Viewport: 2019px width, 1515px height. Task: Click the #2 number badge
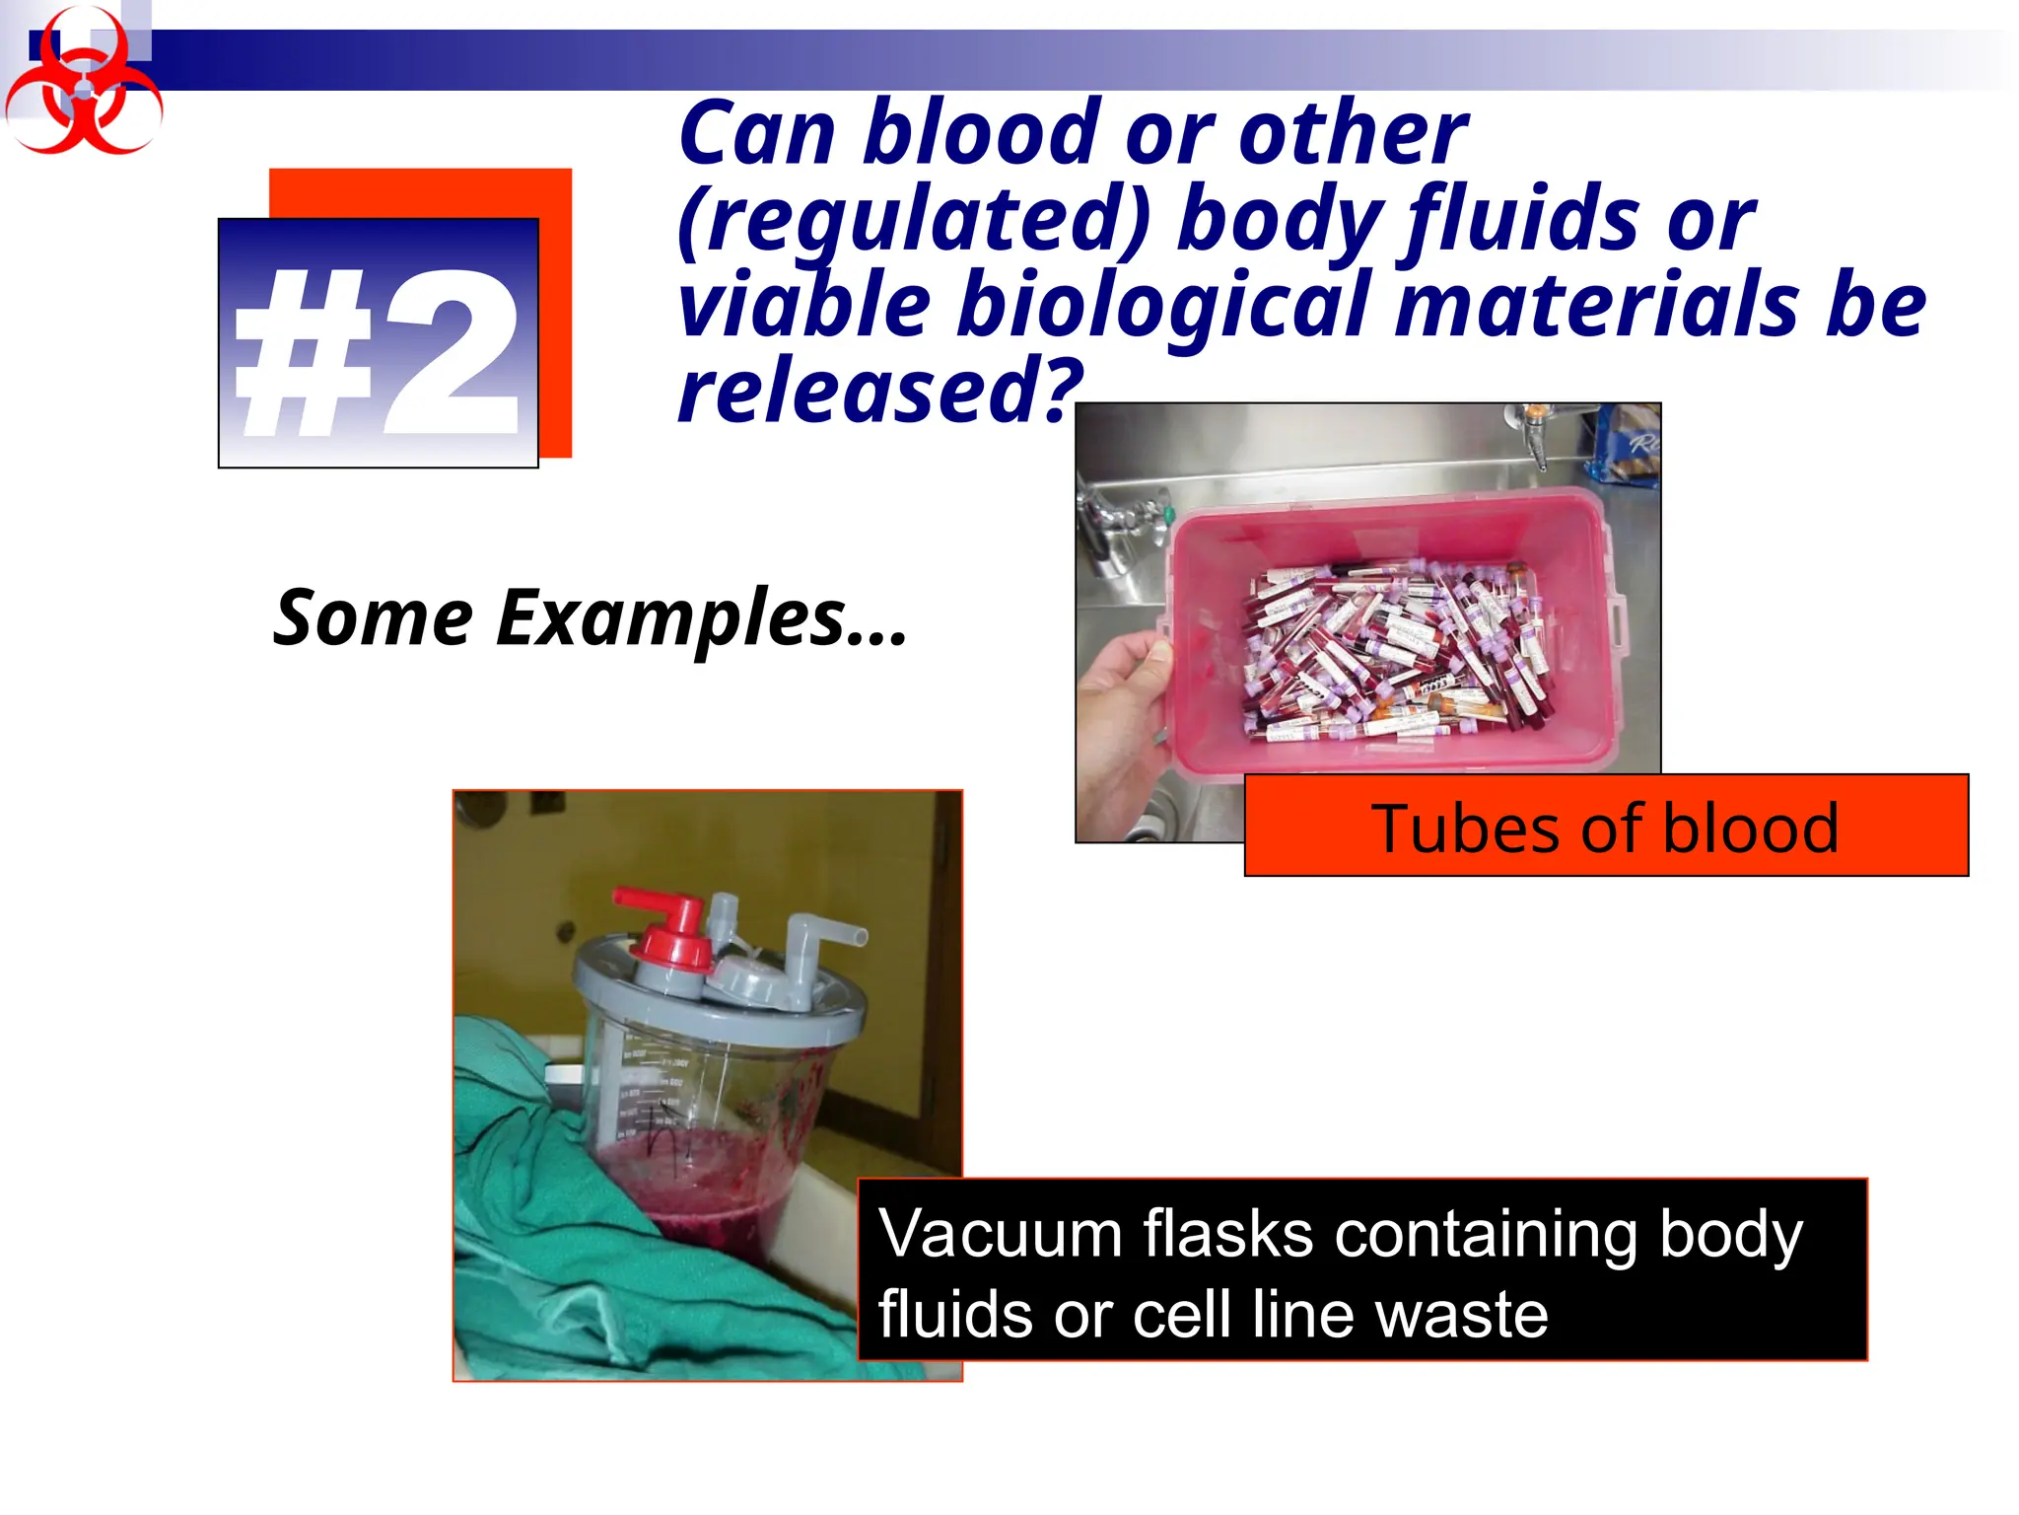click(379, 343)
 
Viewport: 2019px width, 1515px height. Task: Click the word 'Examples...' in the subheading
click(700, 618)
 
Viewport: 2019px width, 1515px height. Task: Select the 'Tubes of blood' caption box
click(1605, 827)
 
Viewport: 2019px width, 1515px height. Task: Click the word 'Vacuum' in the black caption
click(998, 1235)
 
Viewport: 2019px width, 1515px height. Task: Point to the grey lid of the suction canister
click(720, 996)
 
